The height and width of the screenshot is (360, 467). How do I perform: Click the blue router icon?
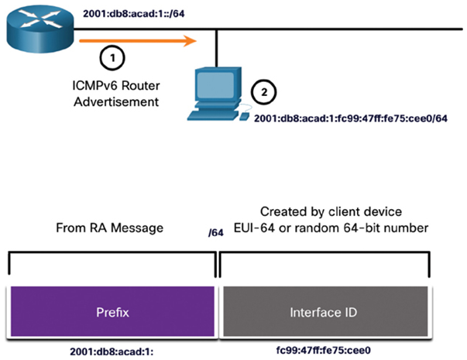[40, 29]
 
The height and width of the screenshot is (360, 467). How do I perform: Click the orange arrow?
[138, 41]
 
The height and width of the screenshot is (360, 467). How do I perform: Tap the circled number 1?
[112, 58]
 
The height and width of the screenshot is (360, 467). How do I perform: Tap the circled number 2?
[264, 92]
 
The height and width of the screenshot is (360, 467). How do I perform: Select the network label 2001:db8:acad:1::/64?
[134, 14]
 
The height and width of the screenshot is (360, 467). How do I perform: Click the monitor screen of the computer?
[215, 84]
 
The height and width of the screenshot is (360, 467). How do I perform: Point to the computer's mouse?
[245, 116]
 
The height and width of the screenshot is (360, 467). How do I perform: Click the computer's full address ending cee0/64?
[351, 118]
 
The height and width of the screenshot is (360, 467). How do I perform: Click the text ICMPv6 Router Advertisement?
[116, 94]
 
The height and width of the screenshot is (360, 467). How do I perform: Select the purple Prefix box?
[112, 312]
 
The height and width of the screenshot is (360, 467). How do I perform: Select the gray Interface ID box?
[325, 312]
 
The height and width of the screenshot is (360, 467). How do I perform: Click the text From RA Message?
[110, 228]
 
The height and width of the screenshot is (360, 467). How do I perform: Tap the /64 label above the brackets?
[216, 232]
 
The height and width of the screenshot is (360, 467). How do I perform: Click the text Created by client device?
[331, 211]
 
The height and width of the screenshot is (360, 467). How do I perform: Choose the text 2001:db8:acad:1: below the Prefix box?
[112, 351]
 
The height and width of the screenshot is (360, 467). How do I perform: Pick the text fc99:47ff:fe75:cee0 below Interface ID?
[324, 350]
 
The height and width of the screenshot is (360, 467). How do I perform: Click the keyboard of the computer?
[213, 115]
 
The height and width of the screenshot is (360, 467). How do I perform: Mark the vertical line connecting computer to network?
[217, 48]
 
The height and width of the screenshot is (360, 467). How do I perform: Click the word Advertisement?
[116, 102]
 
